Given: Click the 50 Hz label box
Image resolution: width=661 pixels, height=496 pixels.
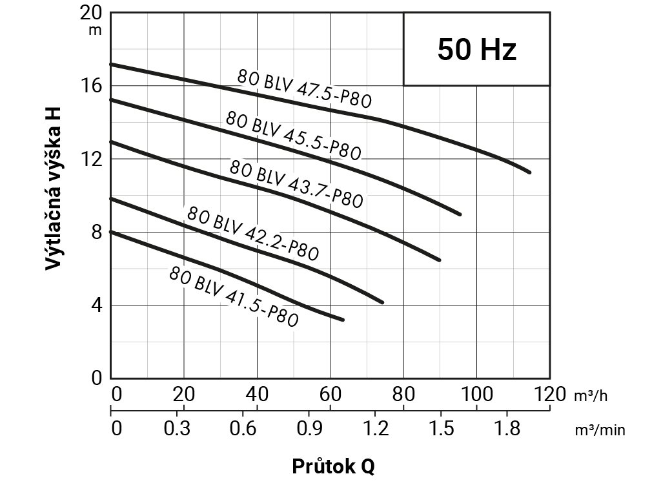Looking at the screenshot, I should click(x=477, y=49).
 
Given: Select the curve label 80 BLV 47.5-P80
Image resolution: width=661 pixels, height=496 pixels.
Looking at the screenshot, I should click(x=304, y=88).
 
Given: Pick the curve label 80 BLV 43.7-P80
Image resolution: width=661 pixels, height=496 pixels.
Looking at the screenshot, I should click(x=295, y=183).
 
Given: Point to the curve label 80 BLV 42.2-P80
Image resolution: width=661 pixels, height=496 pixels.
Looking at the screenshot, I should click(x=252, y=232).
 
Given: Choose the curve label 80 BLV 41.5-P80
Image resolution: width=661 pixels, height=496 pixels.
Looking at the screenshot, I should click(x=233, y=296).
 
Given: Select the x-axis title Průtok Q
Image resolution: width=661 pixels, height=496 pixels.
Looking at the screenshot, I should click(x=333, y=466).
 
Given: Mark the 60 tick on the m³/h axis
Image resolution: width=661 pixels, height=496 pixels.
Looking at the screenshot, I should click(x=330, y=394).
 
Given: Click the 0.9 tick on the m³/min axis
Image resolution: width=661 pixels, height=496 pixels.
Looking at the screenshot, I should click(x=309, y=428).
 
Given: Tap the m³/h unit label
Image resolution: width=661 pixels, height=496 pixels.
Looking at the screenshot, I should click(x=591, y=396).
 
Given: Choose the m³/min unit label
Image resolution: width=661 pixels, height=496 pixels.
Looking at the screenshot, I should click(x=600, y=429).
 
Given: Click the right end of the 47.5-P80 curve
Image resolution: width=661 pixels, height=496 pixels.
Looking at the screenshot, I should click(x=529, y=172).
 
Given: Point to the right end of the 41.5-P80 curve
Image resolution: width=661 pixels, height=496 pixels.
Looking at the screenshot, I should click(x=343, y=319).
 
